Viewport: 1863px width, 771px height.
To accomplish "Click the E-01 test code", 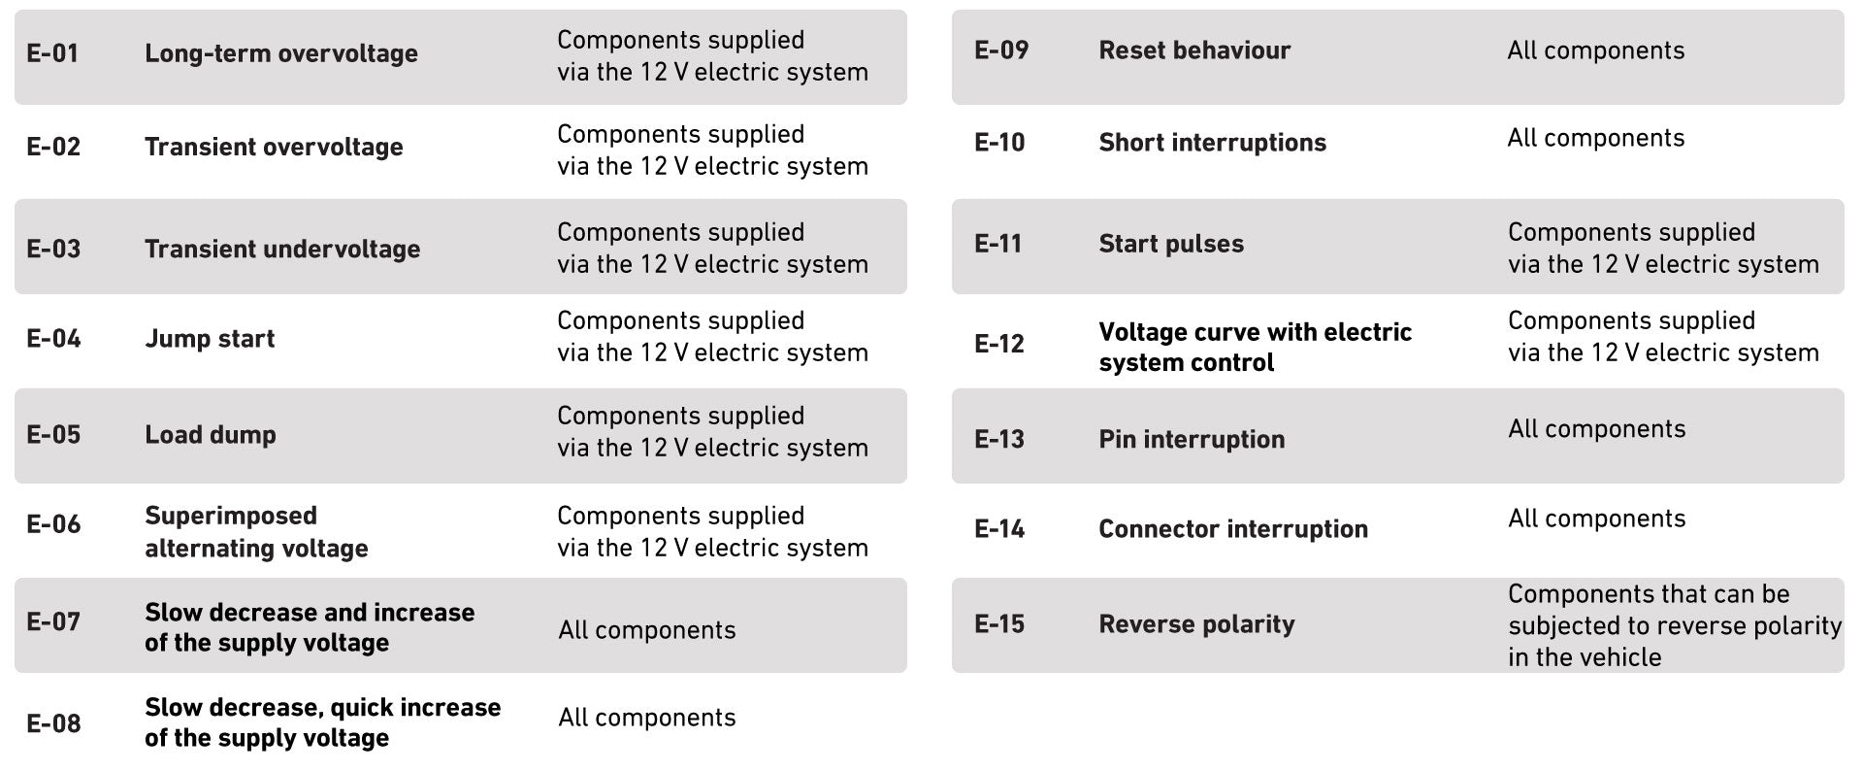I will [52, 53].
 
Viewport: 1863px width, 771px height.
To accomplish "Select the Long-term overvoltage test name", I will [280, 53].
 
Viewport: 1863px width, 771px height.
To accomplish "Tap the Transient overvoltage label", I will [274, 147].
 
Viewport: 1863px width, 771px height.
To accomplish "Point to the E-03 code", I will [53, 249].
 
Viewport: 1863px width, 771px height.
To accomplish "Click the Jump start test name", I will [210, 339].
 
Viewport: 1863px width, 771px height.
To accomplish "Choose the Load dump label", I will [210, 435].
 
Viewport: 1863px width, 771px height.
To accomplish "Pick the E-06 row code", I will [53, 524].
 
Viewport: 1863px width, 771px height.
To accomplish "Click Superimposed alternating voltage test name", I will [256, 532].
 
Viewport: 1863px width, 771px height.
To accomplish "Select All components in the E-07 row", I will [646, 630].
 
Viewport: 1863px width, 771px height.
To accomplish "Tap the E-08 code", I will [53, 723].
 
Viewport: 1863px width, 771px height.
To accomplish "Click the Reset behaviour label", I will [1193, 50].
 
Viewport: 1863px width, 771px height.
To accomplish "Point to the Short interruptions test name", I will [1212, 143].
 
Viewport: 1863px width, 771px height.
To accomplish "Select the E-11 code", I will [997, 244].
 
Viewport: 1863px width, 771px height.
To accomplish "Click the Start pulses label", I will [1170, 244].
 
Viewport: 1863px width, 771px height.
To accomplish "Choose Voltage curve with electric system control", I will [1254, 347].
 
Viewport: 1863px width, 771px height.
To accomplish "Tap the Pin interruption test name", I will [1191, 440].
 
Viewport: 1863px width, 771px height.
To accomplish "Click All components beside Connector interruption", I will [1596, 519].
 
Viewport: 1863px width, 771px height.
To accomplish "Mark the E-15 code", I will [998, 624].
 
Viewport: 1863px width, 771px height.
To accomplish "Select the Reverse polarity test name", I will [1195, 624].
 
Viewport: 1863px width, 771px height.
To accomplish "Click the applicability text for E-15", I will [1674, 625].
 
